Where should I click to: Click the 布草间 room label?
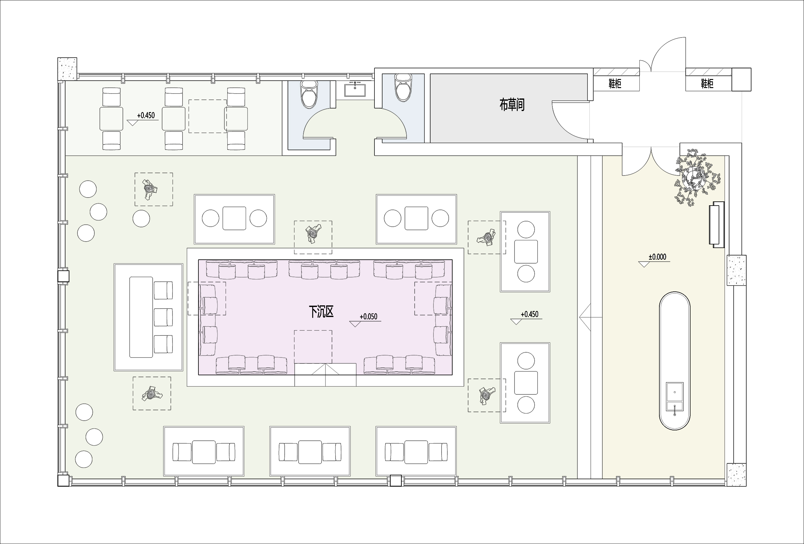click(512, 104)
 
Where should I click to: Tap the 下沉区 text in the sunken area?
click(321, 312)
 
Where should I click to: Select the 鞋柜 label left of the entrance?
click(615, 84)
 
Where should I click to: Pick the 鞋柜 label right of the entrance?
click(707, 84)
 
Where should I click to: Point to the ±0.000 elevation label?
click(657, 257)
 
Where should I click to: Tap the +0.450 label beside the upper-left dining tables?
click(146, 115)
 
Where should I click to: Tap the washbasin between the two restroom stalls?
click(355, 88)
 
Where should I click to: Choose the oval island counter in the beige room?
click(675, 361)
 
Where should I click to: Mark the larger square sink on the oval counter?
click(675, 392)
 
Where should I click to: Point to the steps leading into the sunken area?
click(325, 375)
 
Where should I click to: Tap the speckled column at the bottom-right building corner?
click(737, 474)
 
